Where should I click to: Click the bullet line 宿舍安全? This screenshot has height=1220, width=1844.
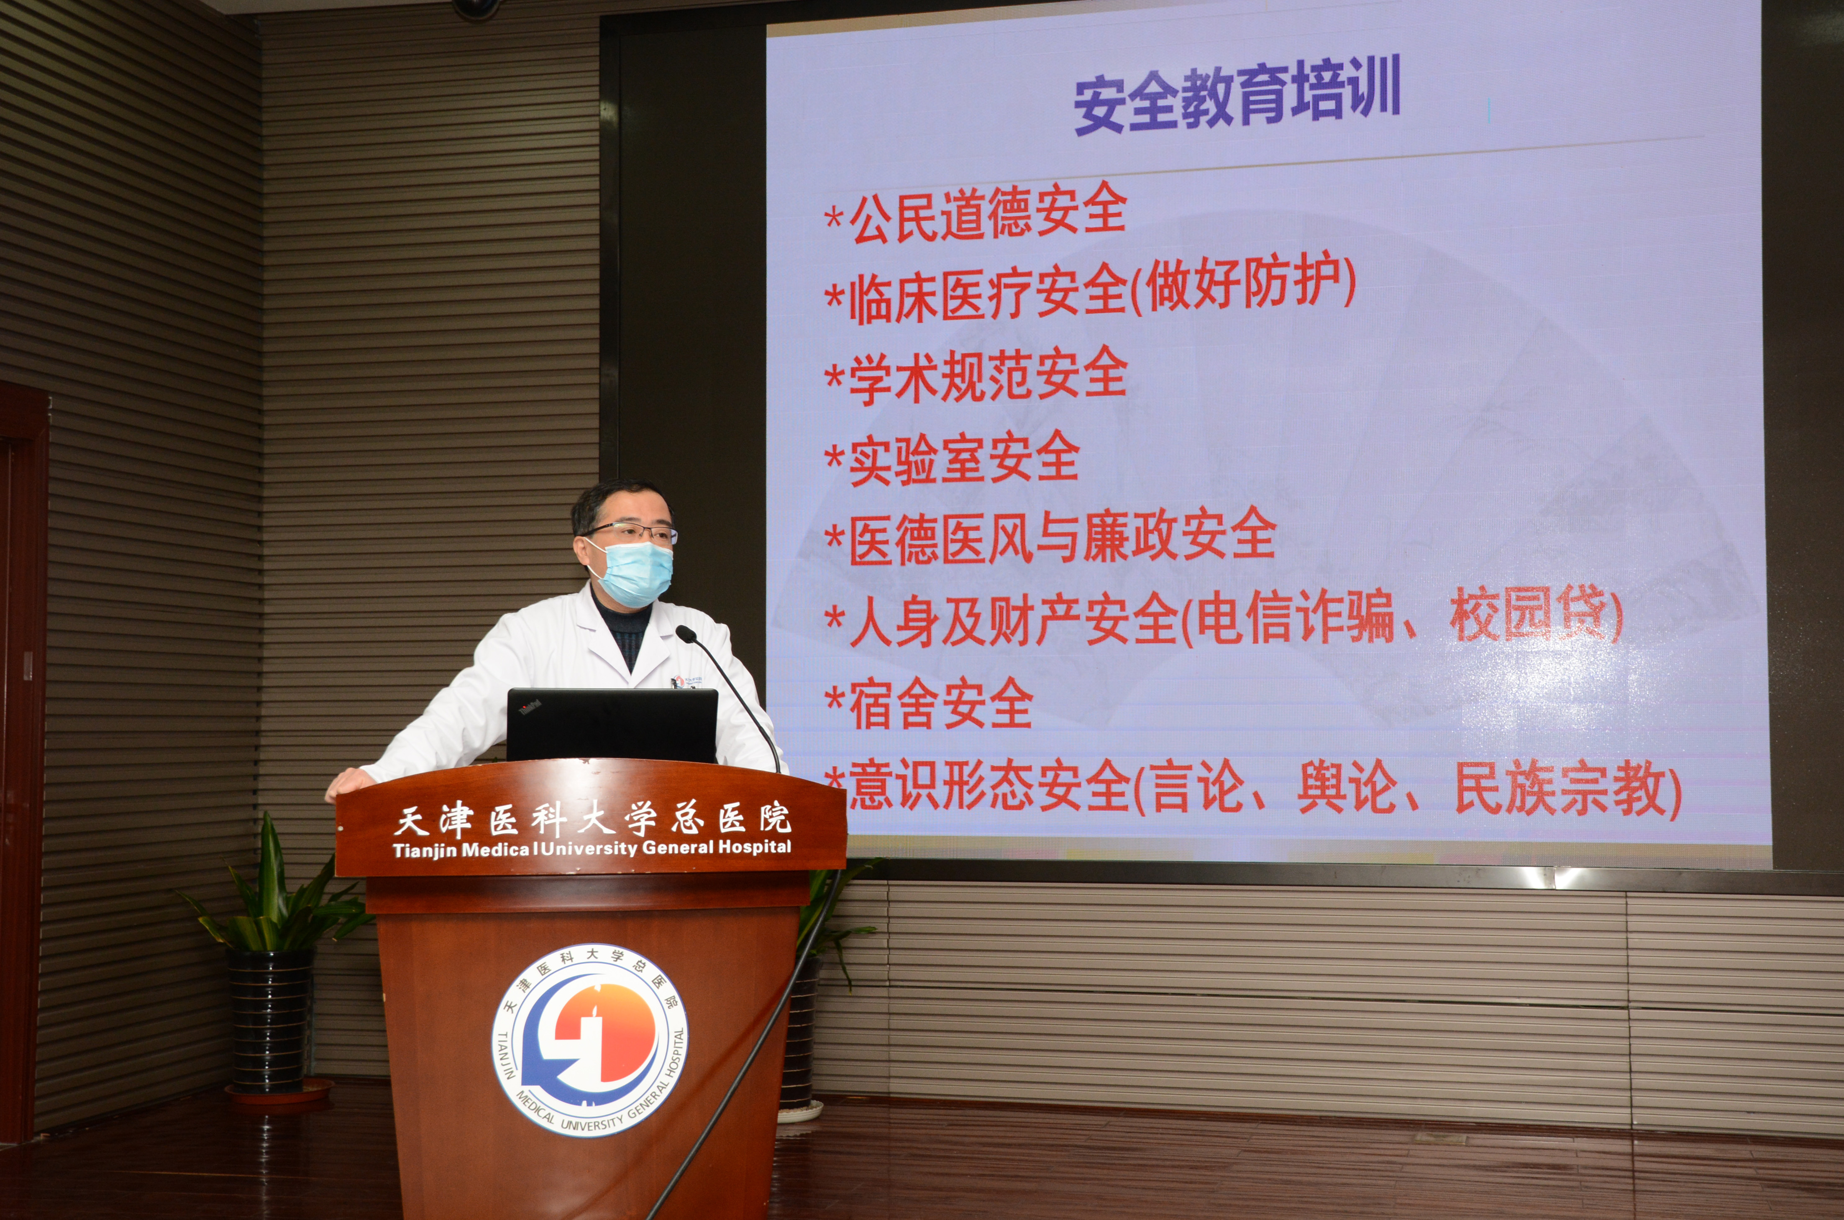pyautogui.click(x=930, y=702)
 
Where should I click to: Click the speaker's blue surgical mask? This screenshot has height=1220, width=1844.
pyautogui.click(x=632, y=574)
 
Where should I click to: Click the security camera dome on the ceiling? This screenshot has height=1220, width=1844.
pyautogui.click(x=476, y=8)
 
